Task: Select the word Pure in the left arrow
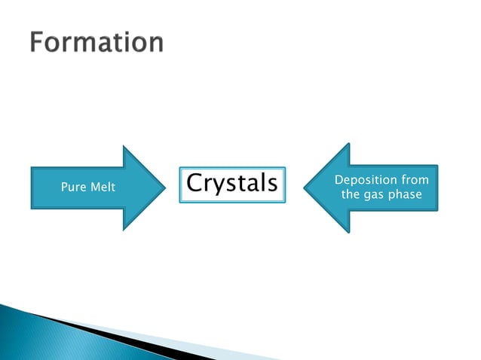pos(73,187)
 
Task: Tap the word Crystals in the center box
pos(232,183)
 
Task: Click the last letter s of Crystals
pos(271,185)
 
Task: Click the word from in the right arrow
pos(414,180)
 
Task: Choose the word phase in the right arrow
pos(406,196)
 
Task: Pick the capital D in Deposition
pos(338,180)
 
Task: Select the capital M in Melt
pos(93,187)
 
